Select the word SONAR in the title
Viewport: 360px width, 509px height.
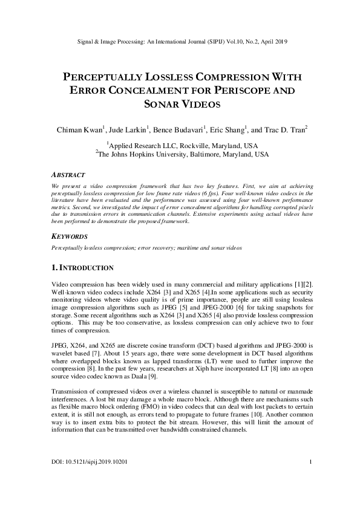(x=164, y=104)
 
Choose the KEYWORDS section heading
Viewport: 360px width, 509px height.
(x=71, y=237)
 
